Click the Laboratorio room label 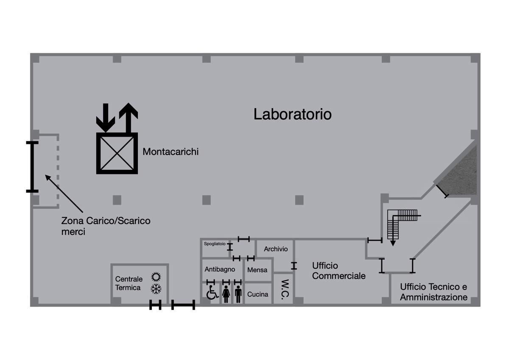point(292,114)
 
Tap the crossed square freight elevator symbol point(117,153)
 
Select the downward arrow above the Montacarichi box point(106,118)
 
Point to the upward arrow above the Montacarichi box point(129,118)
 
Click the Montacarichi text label point(171,152)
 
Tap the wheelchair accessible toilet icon point(212,292)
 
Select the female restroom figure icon point(226,294)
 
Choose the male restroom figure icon point(238,294)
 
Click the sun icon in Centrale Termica point(156,277)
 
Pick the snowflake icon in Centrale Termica point(156,289)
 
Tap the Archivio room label point(276,249)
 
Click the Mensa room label point(257,270)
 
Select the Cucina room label point(258,294)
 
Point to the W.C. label point(285,290)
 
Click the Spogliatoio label point(215,244)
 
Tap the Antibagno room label point(220,270)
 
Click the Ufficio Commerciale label point(339,271)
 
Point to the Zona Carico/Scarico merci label point(106,226)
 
